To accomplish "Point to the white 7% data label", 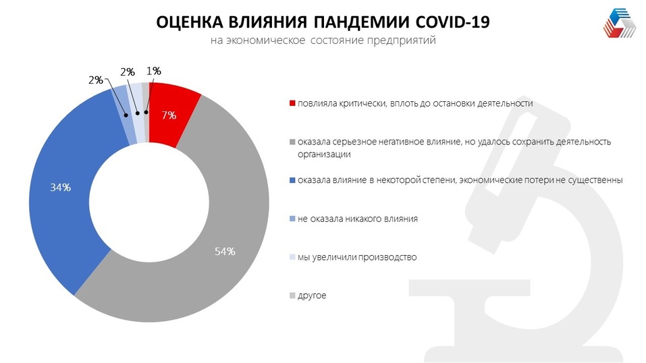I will [x=169, y=115].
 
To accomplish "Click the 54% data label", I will [x=225, y=252].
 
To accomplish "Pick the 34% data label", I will [x=60, y=188].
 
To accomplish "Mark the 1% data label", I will [x=153, y=70].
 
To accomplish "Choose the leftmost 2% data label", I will [x=95, y=80].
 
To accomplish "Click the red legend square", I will [x=292, y=104].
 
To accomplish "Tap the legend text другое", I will [x=312, y=296].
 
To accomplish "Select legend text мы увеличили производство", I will [x=357, y=257].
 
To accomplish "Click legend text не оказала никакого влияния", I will [x=358, y=219].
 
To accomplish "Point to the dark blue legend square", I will [x=292, y=181].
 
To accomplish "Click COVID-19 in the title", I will [x=451, y=22].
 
